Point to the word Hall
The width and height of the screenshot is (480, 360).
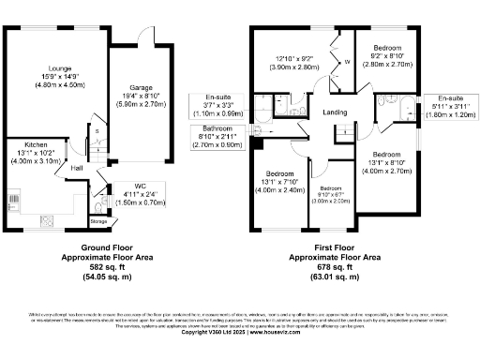pyautogui.click(x=78, y=168)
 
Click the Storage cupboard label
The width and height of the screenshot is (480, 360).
pyautogui.click(x=98, y=221)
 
